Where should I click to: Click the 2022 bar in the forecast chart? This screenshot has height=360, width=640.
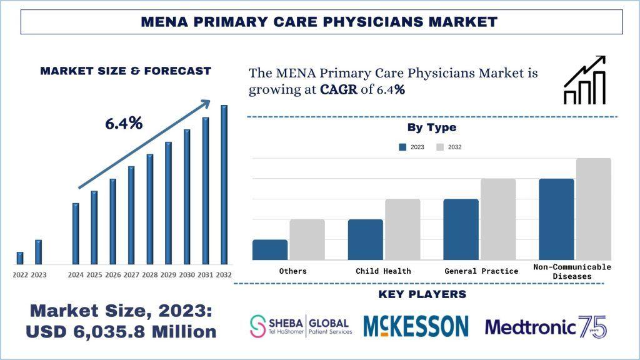point(20,257)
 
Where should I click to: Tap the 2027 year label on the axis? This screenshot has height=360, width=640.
point(131,275)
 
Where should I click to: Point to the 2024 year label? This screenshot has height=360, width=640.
point(76,275)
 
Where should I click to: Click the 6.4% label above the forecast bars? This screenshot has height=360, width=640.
point(124,124)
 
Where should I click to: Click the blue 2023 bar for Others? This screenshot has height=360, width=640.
point(270,249)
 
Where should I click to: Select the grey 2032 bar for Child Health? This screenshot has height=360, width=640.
point(402,229)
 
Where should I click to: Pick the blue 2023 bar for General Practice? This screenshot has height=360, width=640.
point(461,229)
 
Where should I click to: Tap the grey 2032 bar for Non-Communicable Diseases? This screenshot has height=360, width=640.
point(593,209)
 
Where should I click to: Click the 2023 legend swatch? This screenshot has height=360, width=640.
point(402,147)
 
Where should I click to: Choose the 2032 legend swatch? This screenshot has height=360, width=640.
point(440,147)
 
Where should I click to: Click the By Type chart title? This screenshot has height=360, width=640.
point(432,127)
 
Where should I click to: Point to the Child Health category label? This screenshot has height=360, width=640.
point(383,271)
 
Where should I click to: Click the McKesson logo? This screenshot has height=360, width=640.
point(416,326)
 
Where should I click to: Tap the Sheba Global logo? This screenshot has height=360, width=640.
point(301,326)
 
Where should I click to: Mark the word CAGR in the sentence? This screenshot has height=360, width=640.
point(338,89)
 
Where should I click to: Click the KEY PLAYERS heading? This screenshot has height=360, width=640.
point(422,294)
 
